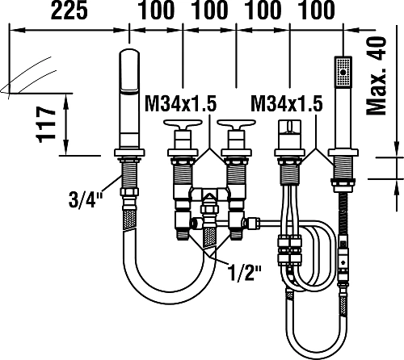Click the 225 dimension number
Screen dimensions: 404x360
pyautogui.click(x=69, y=10)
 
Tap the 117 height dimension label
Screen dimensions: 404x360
pyautogui.click(x=46, y=124)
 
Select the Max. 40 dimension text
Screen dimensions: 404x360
pyautogui.click(x=377, y=76)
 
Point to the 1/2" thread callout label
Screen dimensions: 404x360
pyautogui.click(x=244, y=272)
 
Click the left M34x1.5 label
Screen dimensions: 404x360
pyautogui.click(x=180, y=104)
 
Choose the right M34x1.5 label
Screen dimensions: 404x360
pyautogui.click(x=287, y=104)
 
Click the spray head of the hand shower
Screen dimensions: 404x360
pyautogui.click(x=343, y=72)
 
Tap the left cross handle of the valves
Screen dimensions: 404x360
pyautogui.click(x=183, y=123)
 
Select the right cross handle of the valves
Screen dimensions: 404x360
pyautogui.click(x=236, y=123)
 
